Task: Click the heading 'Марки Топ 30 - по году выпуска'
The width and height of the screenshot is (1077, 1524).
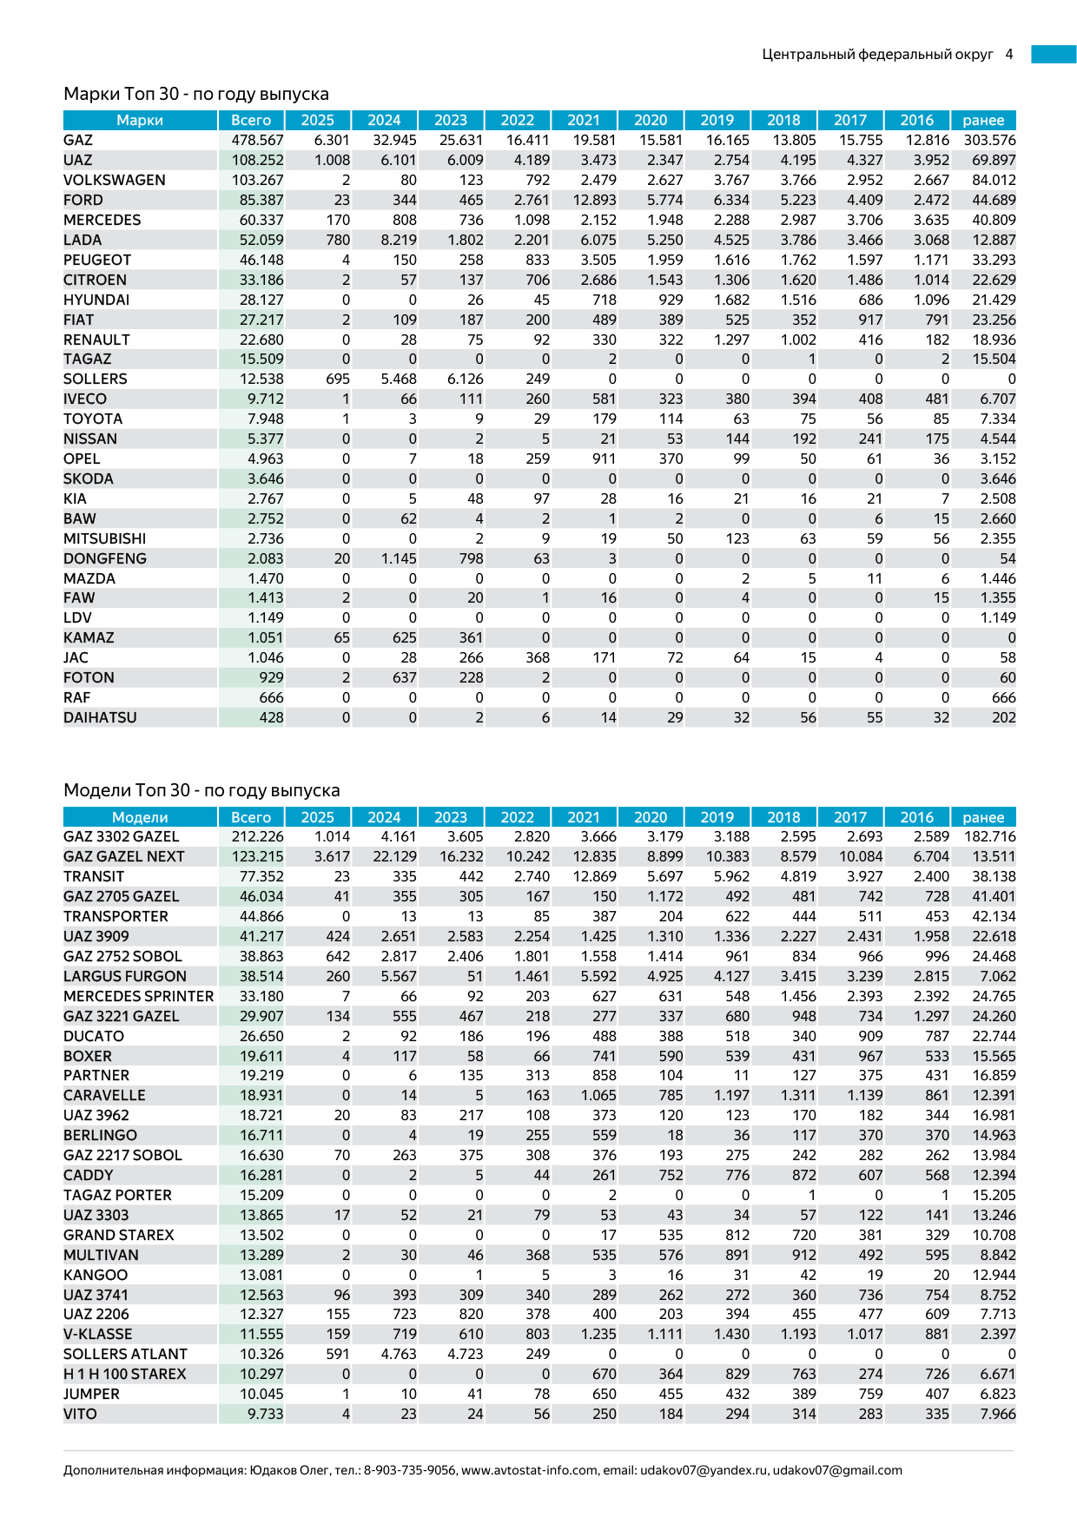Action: [x=195, y=94]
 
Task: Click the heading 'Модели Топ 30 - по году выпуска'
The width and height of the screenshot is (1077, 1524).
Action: [x=202, y=790]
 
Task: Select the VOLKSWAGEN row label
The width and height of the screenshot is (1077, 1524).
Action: [x=114, y=180]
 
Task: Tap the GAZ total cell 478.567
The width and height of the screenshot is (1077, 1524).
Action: [x=257, y=140]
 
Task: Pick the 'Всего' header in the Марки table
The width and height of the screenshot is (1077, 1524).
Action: [x=251, y=120]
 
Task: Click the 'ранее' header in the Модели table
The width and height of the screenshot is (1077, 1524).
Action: [x=983, y=817]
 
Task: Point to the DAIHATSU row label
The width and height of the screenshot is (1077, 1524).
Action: [x=100, y=717]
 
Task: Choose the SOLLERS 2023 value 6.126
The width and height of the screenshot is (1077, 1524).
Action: [x=465, y=379]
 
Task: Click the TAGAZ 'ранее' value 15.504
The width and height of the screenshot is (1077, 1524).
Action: [x=994, y=359]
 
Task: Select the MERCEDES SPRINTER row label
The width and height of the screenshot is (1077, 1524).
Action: [x=138, y=996]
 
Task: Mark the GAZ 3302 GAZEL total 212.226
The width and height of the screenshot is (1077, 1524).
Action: [x=257, y=836]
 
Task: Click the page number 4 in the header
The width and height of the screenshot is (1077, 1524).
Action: [x=1009, y=54]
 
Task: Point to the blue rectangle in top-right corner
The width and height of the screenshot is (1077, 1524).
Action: [x=1054, y=54]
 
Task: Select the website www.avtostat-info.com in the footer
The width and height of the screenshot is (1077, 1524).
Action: [x=529, y=1470]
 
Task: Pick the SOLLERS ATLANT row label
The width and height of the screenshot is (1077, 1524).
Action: [x=125, y=1354]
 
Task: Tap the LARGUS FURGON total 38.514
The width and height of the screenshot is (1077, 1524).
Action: [x=261, y=976]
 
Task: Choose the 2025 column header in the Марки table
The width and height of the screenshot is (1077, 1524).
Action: [x=317, y=120]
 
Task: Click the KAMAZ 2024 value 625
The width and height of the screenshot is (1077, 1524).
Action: [x=404, y=637]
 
